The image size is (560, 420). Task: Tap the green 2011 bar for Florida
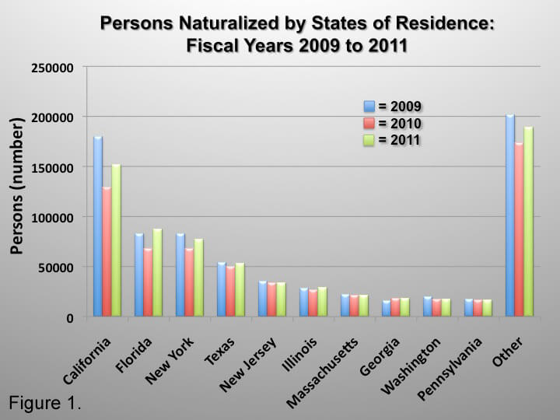(157, 273)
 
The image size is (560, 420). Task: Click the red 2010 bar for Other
(520, 230)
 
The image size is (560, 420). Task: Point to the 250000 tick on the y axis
(51, 68)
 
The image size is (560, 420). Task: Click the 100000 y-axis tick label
(51, 218)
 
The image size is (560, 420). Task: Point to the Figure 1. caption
(45, 404)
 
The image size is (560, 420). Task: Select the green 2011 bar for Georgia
(404, 307)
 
